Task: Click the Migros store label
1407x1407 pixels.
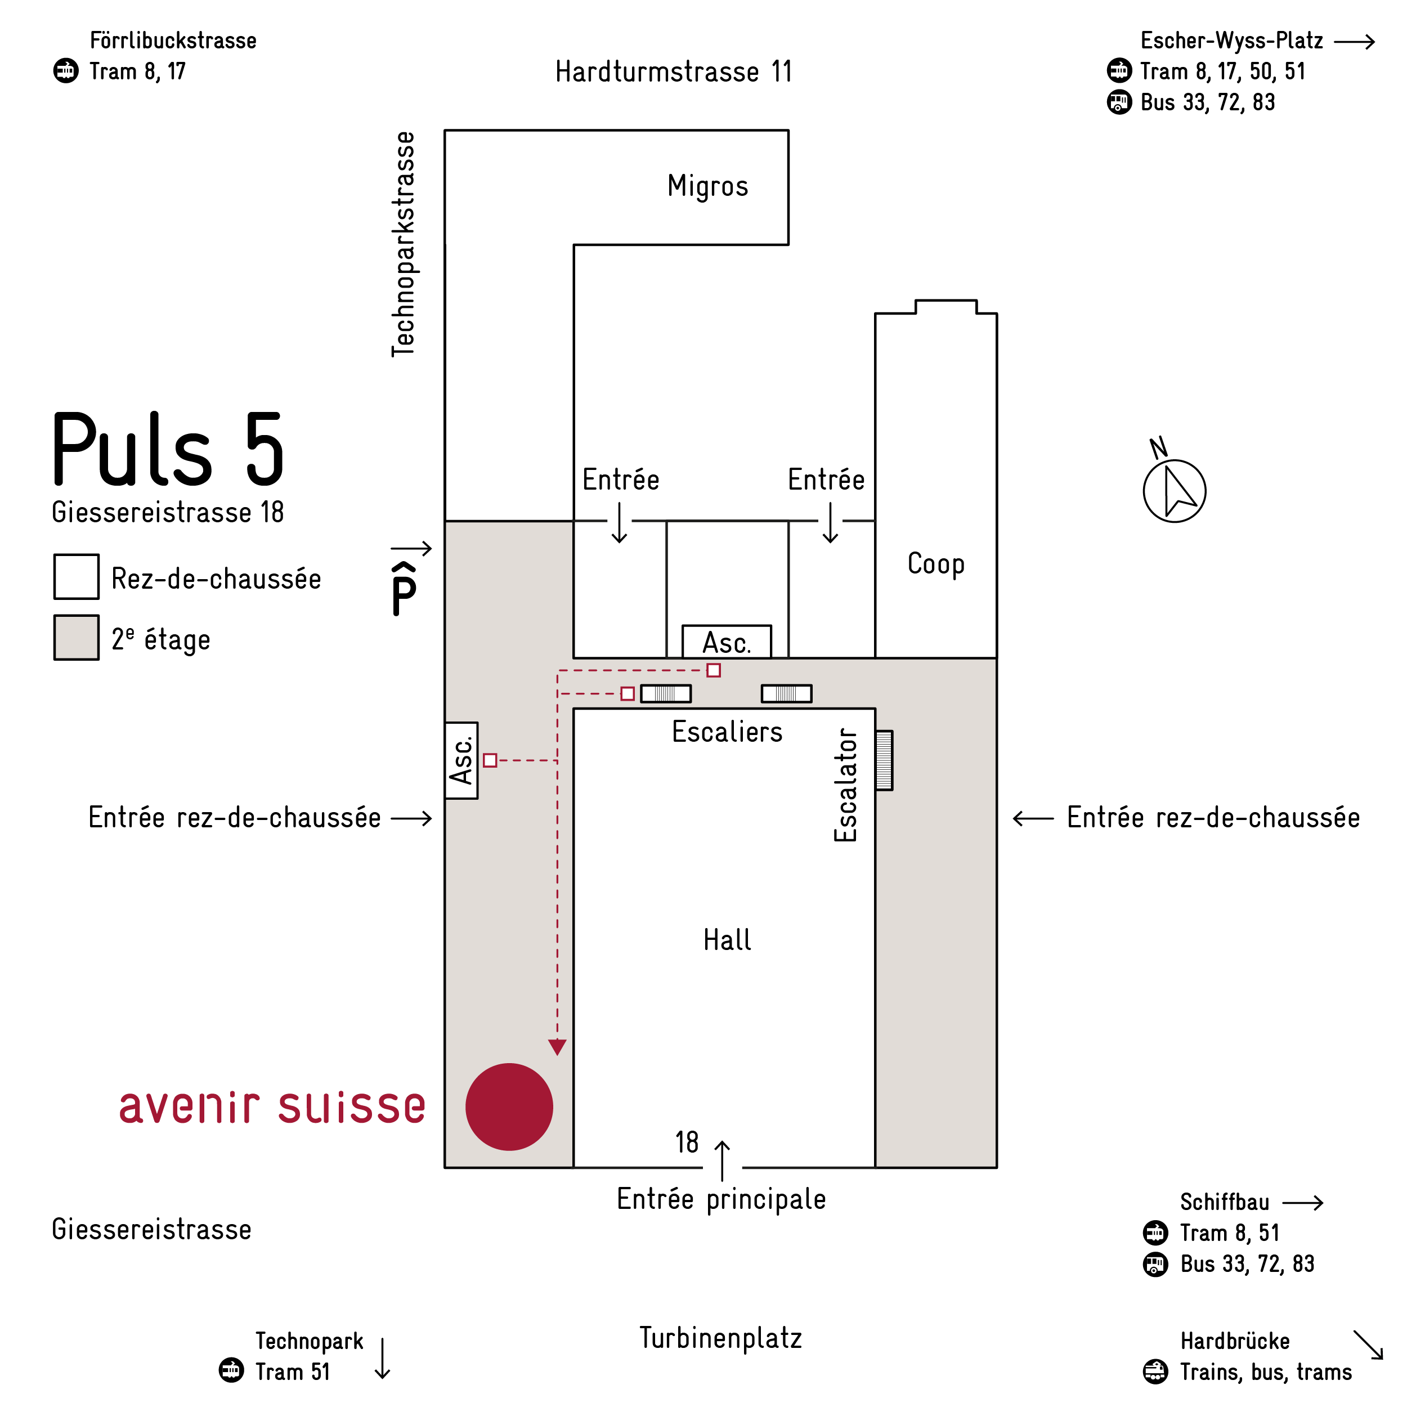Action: pos(707,186)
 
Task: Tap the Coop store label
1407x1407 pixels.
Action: pos(936,564)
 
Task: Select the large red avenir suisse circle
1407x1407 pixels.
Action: pos(509,1107)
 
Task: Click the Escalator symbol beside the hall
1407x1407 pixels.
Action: pos(884,760)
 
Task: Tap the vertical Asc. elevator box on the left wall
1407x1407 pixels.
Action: pos(461,760)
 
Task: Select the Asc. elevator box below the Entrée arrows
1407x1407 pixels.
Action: pos(726,642)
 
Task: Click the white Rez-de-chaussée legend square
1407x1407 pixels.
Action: pos(77,577)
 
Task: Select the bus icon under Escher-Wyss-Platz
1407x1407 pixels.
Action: pos(1119,102)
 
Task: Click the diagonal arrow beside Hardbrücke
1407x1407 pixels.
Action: pos(1368,1345)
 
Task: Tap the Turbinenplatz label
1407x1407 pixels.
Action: pos(721,1338)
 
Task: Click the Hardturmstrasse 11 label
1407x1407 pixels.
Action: pos(674,72)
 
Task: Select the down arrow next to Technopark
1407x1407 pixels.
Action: pos(382,1358)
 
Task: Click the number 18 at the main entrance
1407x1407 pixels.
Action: pos(687,1142)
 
